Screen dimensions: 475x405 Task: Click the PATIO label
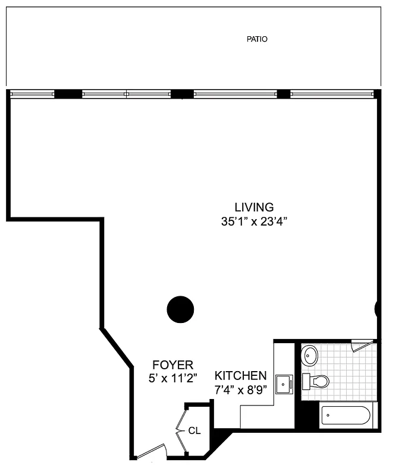click(x=257, y=39)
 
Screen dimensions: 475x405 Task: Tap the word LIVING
click(x=254, y=207)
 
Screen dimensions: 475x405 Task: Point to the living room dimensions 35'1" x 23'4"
click(x=254, y=222)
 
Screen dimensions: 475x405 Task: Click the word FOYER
click(x=172, y=365)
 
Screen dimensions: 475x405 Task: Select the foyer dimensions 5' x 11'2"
click(x=172, y=378)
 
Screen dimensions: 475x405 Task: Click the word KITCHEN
click(x=240, y=376)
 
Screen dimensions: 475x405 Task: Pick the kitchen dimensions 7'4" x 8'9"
click(x=240, y=390)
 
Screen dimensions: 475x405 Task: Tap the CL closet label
click(x=194, y=430)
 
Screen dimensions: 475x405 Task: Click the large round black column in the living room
click(x=180, y=309)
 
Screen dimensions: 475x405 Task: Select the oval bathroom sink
click(x=310, y=356)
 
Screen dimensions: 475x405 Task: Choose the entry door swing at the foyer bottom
click(x=150, y=452)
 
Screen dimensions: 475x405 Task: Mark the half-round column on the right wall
click(x=377, y=309)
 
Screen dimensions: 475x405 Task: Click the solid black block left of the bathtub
click(x=307, y=416)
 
